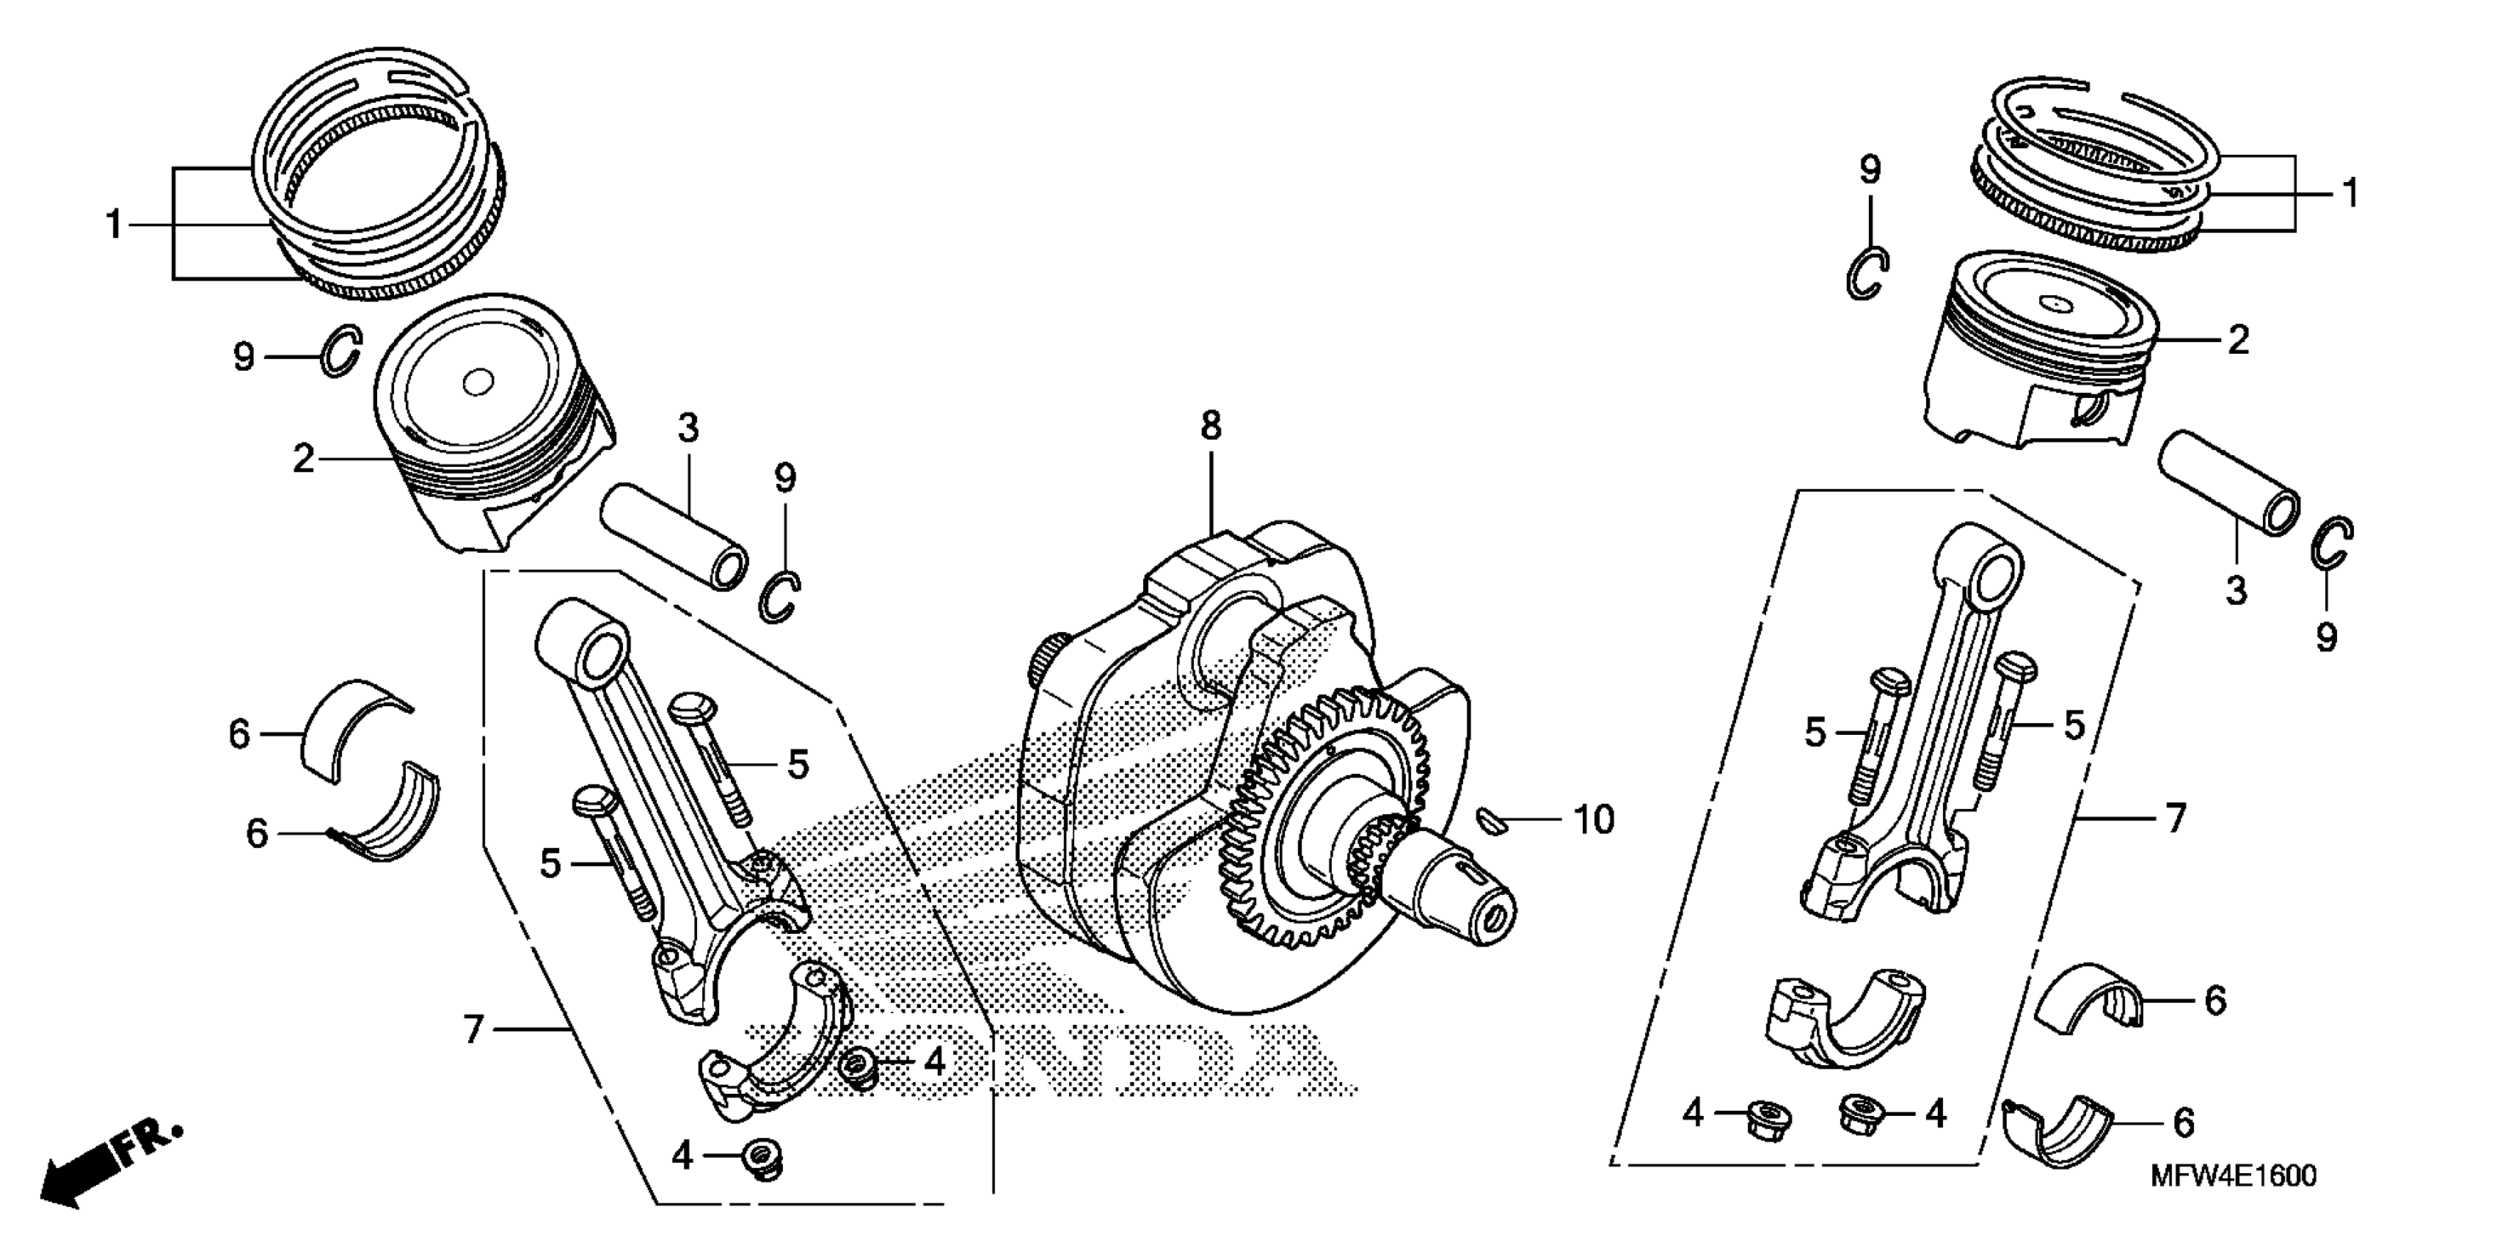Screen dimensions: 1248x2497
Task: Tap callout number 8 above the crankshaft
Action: point(1211,426)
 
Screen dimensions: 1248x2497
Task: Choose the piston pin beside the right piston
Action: point(2228,482)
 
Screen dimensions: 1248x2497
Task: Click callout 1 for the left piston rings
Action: point(114,225)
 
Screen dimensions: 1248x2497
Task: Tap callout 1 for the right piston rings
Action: point(2349,194)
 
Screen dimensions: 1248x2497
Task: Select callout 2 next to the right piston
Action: point(2238,339)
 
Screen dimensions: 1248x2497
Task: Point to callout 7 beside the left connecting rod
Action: point(473,1028)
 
